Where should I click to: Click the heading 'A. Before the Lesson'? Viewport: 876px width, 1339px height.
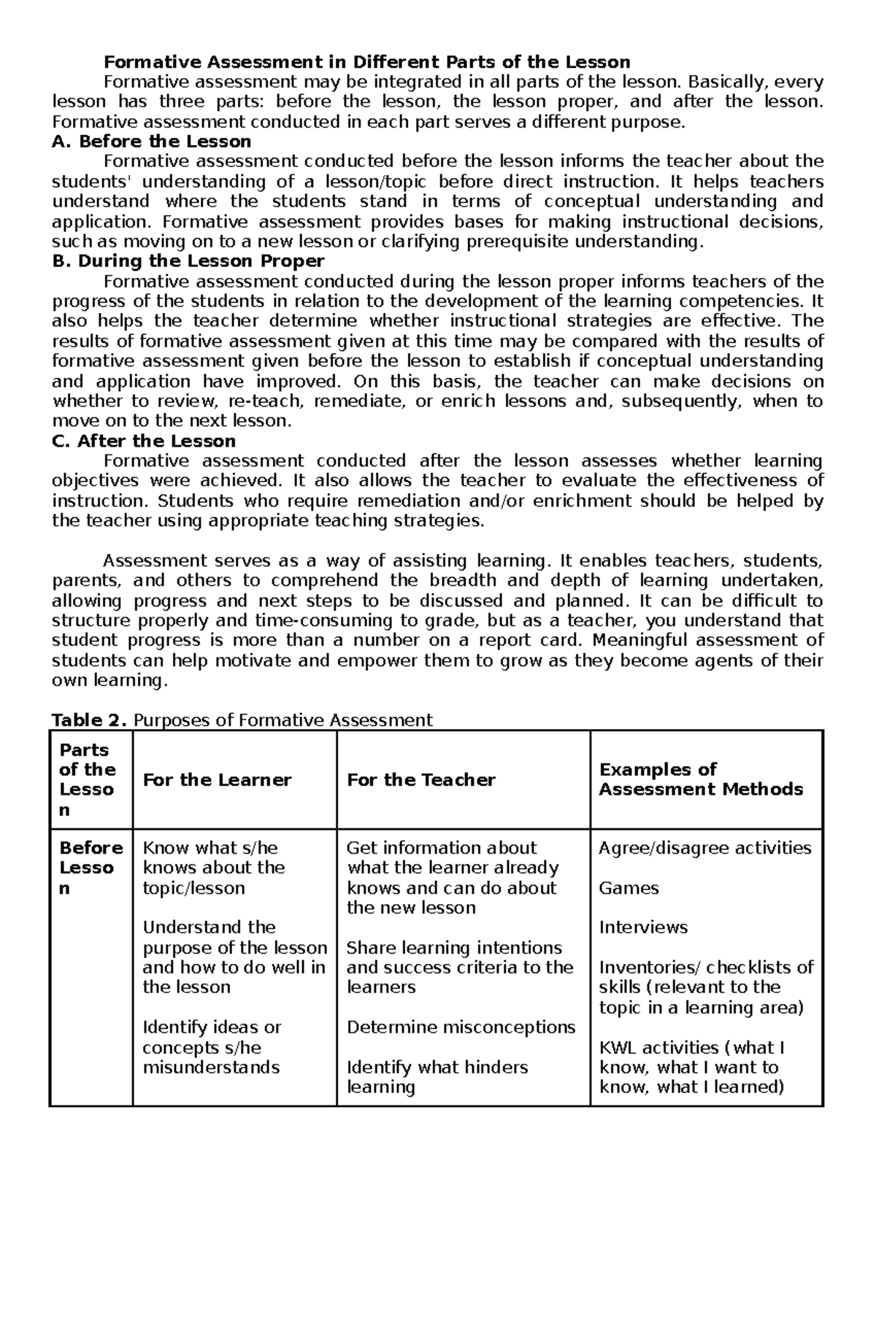click(152, 141)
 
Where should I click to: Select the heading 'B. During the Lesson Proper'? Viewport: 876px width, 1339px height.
click(188, 261)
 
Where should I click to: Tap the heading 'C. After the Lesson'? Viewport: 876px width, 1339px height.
click(144, 441)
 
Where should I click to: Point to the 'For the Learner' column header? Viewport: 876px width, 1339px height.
click(217, 780)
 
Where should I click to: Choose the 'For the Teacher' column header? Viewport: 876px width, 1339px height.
click(420, 780)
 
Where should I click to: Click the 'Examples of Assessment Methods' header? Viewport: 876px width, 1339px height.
click(700, 779)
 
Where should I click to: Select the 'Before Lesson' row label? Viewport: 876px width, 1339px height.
click(91, 868)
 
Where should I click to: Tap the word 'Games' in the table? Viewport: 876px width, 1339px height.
click(629, 888)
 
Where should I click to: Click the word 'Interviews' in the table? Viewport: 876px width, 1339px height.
click(643, 927)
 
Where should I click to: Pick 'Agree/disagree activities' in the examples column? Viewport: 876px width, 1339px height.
click(704, 848)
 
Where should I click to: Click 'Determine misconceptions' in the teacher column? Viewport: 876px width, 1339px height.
click(461, 1027)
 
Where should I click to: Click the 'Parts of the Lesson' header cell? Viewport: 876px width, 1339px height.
click(87, 779)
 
